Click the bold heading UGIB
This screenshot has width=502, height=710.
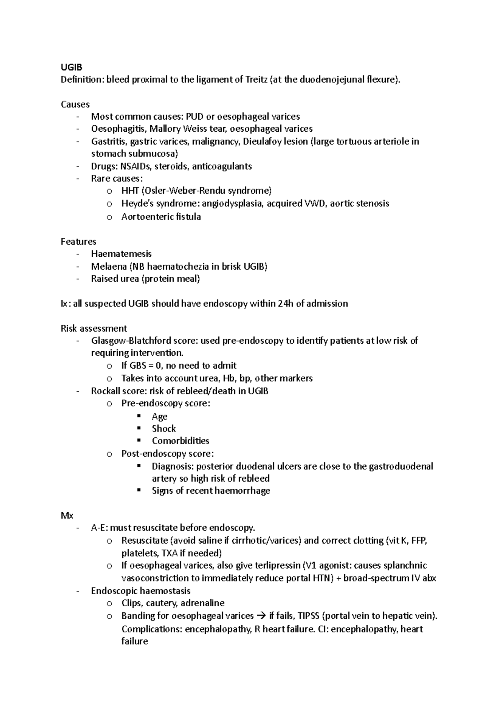[x=71, y=67]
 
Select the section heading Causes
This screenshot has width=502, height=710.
[x=75, y=104]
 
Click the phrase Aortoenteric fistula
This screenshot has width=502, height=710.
[x=161, y=217]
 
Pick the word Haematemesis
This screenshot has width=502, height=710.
[x=121, y=254]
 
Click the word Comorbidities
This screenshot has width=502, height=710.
[x=180, y=441]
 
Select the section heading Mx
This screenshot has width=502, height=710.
[x=67, y=516]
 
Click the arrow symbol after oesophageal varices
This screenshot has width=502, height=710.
[x=261, y=616]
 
